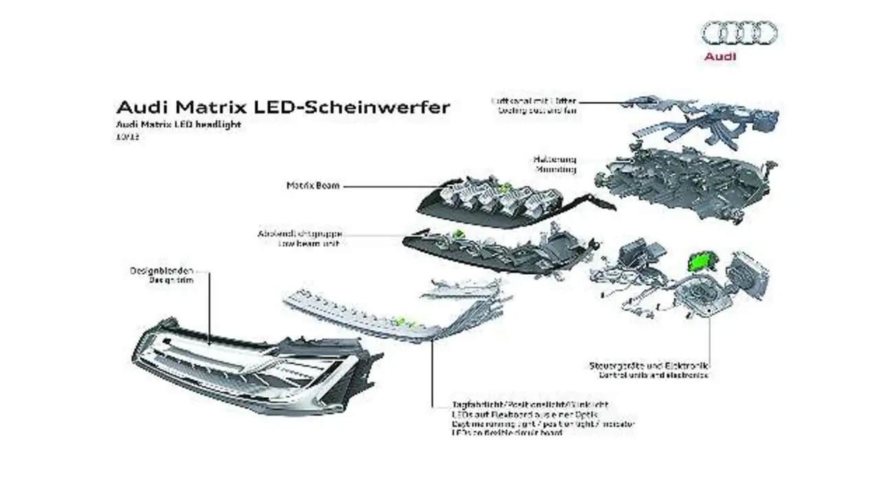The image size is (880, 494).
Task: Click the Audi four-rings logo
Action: click(x=739, y=32)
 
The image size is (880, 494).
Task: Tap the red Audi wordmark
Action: click(x=720, y=56)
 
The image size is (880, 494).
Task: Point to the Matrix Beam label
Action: click(x=313, y=186)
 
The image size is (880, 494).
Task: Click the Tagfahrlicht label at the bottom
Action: click(x=529, y=405)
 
